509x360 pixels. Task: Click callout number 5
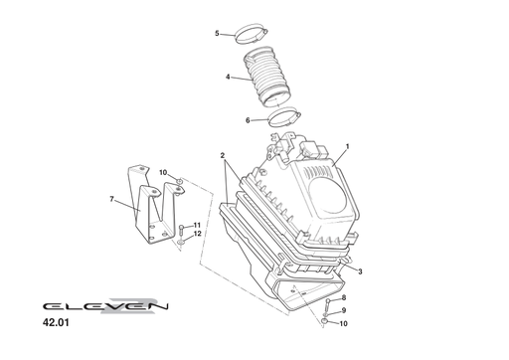tap(217, 33)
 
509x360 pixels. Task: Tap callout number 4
tap(228, 77)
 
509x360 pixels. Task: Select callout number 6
tap(248, 121)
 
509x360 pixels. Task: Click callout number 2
tap(223, 156)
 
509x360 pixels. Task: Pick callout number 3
tap(359, 271)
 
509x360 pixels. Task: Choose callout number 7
tap(112, 200)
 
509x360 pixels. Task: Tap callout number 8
tap(343, 298)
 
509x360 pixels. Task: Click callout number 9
tap(343, 310)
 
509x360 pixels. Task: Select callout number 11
tap(197, 226)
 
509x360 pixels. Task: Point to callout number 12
tap(197, 235)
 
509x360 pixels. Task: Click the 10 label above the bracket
tap(163, 172)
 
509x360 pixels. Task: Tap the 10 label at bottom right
tap(343, 323)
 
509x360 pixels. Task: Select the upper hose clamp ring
tap(255, 37)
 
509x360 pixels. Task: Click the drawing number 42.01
tap(58, 323)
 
